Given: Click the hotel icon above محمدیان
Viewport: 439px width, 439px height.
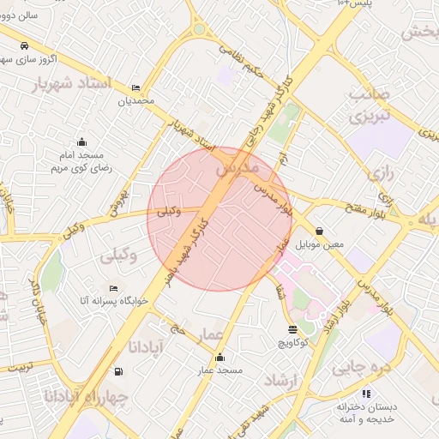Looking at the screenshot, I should [x=135, y=87].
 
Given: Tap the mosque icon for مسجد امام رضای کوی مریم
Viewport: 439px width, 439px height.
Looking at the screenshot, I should [x=81, y=142].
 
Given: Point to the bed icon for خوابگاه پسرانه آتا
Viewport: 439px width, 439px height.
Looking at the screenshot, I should [x=113, y=288].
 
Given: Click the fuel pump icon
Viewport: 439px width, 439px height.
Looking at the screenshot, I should [x=117, y=372].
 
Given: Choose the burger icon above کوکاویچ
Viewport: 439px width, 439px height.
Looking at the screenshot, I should [x=293, y=329].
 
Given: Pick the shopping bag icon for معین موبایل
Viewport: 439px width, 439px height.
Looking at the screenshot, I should [x=320, y=231].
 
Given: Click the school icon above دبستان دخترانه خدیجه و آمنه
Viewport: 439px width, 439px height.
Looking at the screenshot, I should [x=366, y=394].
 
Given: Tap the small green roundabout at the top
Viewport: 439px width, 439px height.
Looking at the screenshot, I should [x=199, y=28].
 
